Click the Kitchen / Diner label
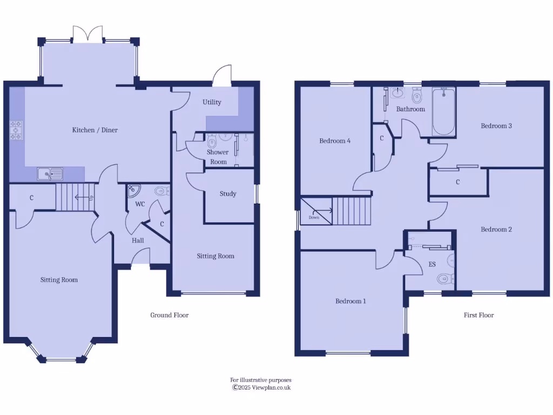click(95, 130)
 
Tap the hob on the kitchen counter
click(16, 130)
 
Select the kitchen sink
click(49, 173)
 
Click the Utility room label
click(212, 102)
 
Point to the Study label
click(228, 194)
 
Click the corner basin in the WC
click(133, 190)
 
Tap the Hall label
click(137, 240)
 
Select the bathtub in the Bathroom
click(443, 112)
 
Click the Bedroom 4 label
click(335, 141)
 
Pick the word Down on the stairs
click(314, 217)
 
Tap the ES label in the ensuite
click(432, 265)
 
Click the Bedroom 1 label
click(350, 301)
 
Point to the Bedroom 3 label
click(496, 126)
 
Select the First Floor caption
click(478, 315)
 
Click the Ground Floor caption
click(169, 315)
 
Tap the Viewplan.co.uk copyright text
click(261, 387)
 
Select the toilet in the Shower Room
click(212, 143)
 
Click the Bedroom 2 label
click(496, 230)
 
